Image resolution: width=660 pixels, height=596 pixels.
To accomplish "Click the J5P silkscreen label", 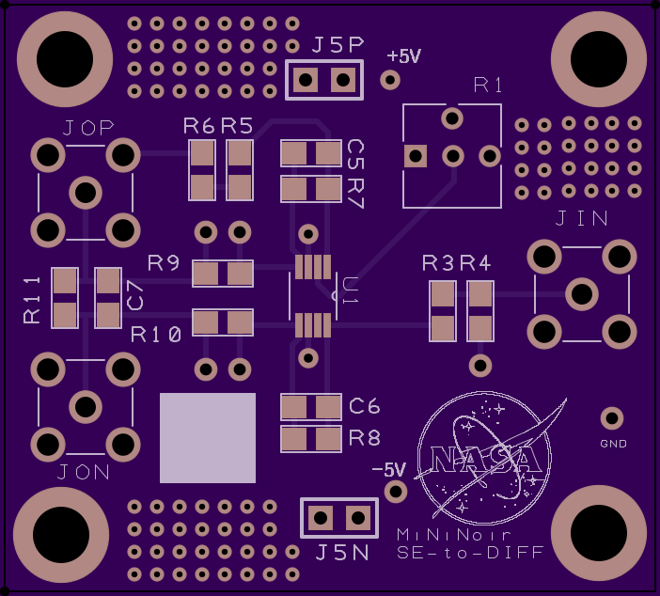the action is (x=338, y=45).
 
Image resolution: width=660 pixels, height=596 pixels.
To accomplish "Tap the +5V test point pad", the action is (x=390, y=80).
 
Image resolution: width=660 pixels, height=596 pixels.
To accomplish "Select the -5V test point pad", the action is (x=396, y=492).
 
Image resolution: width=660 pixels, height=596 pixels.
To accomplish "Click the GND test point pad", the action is (x=612, y=418).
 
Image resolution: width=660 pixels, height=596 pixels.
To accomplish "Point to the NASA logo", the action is (x=488, y=458).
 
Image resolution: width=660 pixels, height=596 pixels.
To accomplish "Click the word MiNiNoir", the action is (x=454, y=535).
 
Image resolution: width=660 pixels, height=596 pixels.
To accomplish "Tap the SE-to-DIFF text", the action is (x=470, y=553).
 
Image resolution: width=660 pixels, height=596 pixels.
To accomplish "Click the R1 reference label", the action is (x=488, y=86).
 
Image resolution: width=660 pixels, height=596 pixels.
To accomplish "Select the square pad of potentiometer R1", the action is (x=416, y=156).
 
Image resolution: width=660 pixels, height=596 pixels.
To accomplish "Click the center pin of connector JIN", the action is (x=582, y=294).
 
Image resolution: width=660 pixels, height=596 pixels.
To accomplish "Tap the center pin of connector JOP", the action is (x=86, y=193).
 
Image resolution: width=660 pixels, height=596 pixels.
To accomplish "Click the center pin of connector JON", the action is (x=86, y=407).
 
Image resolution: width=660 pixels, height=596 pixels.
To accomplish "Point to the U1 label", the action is (x=350, y=290).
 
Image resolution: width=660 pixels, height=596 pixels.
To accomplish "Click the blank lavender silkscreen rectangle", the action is (x=208, y=438).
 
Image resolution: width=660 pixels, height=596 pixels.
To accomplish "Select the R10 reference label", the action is (x=156, y=335).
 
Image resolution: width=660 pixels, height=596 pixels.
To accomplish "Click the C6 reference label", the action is (x=364, y=406).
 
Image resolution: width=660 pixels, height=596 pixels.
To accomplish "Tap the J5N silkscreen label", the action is (x=342, y=553).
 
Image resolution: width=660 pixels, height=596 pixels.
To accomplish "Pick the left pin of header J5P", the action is (x=306, y=80).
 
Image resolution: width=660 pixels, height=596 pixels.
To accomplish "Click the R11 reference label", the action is (x=32, y=300).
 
